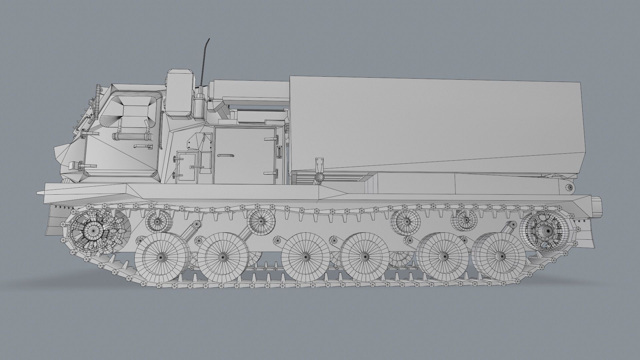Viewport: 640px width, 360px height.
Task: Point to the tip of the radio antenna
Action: click(x=208, y=40)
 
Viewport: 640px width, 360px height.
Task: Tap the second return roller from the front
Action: click(x=261, y=221)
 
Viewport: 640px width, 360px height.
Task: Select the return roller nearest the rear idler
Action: click(x=465, y=220)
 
